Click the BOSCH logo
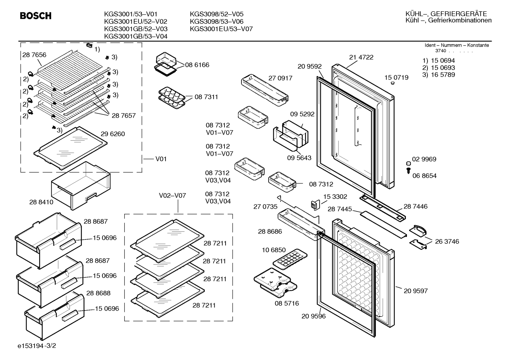(36, 16)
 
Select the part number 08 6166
(197, 65)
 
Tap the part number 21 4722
(361, 57)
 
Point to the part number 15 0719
(396, 78)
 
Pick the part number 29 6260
(113, 134)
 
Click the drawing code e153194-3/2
(37, 346)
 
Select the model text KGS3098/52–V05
(216, 14)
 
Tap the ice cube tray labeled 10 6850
(290, 259)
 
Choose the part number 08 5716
(287, 303)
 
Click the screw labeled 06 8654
(408, 171)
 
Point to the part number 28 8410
(41, 202)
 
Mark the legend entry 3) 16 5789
(438, 75)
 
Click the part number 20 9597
(415, 291)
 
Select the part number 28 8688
(98, 293)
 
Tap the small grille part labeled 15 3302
(315, 205)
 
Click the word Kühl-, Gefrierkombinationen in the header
(449, 20)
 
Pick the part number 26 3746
(447, 241)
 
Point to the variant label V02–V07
(172, 196)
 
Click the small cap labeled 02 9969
(408, 163)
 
